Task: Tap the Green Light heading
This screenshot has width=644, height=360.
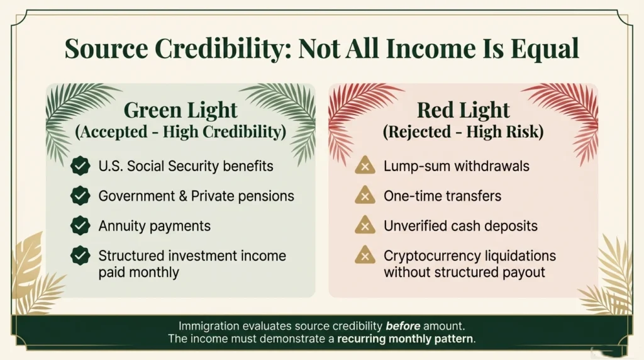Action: tap(180, 111)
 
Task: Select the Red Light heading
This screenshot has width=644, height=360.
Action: tap(464, 111)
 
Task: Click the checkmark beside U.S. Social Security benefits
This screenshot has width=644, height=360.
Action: tap(80, 166)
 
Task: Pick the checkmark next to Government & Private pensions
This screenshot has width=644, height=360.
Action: tap(80, 196)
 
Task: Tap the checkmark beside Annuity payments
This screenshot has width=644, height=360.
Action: tap(80, 226)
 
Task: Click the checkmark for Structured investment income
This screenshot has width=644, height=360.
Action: tap(80, 256)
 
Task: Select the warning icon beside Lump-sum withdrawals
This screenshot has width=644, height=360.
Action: tap(365, 166)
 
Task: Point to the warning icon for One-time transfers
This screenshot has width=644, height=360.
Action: tap(365, 196)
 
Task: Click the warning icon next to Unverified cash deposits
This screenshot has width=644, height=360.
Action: tap(365, 226)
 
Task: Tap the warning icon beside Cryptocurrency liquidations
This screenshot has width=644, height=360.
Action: tap(365, 256)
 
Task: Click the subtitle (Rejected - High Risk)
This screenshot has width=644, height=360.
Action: tap(464, 133)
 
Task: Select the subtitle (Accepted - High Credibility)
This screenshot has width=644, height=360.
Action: tap(180, 133)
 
